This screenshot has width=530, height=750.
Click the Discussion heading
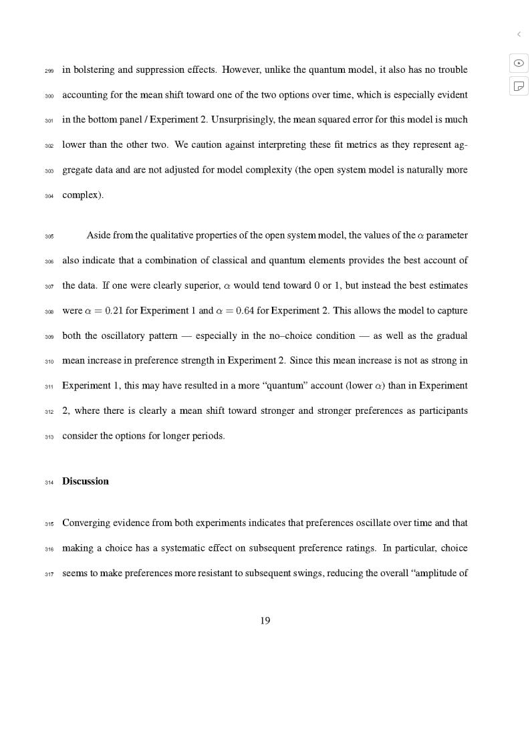86,481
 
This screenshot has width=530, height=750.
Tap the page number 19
265,621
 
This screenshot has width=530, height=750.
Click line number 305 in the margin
49,237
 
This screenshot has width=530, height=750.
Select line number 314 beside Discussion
49,483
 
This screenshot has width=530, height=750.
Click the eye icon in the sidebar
519,63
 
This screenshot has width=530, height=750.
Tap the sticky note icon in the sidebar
519,86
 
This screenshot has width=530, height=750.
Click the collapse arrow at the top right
519,34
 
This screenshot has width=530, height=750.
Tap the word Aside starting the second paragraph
98,235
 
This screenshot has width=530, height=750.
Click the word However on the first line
242,70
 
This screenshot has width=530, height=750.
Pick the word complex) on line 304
83,195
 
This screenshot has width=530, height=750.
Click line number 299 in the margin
49,71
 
